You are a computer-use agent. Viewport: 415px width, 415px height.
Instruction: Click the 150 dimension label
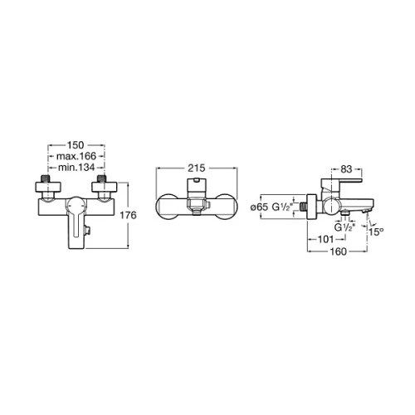76,145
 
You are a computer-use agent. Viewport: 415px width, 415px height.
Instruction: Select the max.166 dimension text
76,156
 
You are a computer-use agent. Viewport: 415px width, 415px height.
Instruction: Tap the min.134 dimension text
76,168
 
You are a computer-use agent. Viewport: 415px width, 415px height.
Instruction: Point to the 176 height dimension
128,215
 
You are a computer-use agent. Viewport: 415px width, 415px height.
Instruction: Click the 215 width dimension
197,168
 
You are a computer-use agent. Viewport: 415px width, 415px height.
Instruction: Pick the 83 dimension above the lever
346,169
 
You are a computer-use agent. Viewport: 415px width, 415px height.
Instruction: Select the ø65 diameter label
259,207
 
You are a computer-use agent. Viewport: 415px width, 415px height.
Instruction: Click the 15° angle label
376,232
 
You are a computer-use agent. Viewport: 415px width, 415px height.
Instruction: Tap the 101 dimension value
325,239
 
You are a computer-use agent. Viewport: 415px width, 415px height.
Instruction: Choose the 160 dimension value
338,251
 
